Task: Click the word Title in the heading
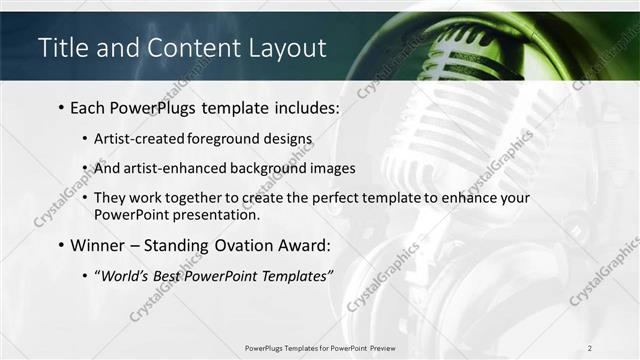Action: click(61, 47)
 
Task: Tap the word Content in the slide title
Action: click(186, 47)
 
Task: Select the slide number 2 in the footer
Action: click(590, 347)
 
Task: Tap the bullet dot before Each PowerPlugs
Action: click(61, 107)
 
